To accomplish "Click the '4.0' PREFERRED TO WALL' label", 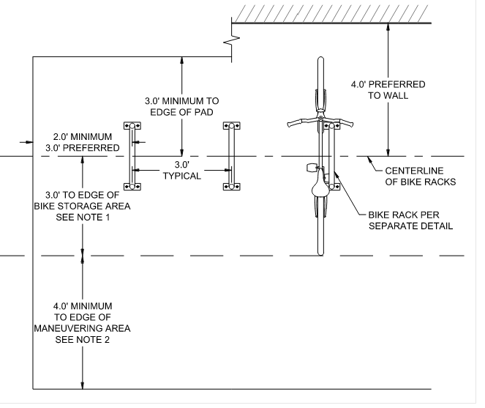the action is click(388, 90).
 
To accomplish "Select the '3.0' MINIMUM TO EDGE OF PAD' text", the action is click(182, 106).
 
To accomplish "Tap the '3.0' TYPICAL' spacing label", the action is click(182, 171).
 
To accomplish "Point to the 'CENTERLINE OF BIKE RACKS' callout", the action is click(420, 176).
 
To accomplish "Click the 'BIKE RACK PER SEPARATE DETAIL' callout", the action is click(410, 220).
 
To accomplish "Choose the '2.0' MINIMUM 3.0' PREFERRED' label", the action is click(82, 142).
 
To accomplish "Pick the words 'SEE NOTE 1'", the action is click(83, 217).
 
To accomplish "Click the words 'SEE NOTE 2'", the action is click(82, 340).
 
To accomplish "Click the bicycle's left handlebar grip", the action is click(293, 124).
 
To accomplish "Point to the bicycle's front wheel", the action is click(320, 81).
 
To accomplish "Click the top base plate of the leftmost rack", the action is click(132, 125).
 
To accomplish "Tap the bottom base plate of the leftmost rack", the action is click(132, 187).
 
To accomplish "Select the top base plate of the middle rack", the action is click(232, 125).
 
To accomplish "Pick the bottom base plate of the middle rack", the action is click(232, 187).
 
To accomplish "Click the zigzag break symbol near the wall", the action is click(233, 40).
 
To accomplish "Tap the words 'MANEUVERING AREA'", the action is click(82, 328).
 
